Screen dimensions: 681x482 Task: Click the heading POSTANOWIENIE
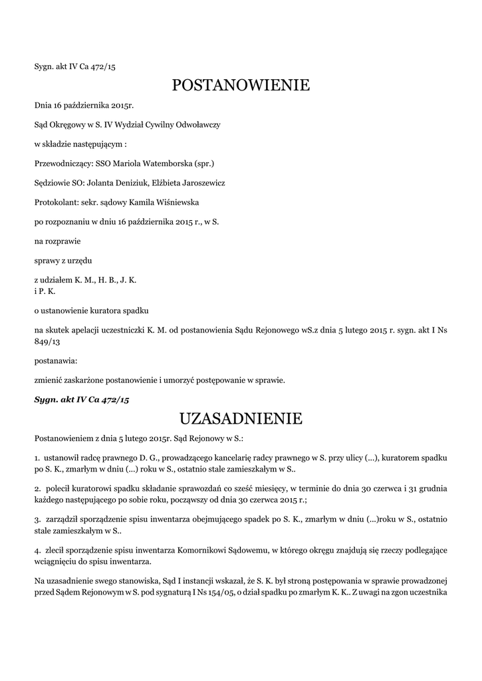[x=241, y=85]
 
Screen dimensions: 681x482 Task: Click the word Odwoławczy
[x=197, y=124]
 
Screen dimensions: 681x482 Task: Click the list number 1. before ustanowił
[x=37, y=458]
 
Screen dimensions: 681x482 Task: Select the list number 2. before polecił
[x=37, y=489]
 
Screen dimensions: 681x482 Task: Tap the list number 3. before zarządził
[x=37, y=519]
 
